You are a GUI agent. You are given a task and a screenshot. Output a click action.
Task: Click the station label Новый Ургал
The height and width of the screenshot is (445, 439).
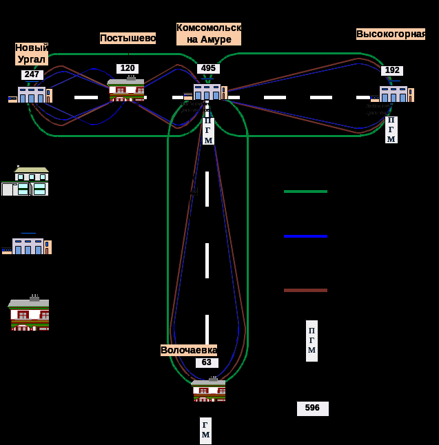[x=32, y=54]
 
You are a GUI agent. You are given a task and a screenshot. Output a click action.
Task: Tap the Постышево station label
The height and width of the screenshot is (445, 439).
[x=127, y=39]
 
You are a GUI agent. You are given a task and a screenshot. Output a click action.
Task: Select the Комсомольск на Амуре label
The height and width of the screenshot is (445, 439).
[x=208, y=34]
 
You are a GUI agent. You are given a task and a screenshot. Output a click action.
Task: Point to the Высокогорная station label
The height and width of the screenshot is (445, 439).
[x=390, y=34]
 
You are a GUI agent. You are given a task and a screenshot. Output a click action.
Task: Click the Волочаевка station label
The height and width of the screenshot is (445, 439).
[x=188, y=350]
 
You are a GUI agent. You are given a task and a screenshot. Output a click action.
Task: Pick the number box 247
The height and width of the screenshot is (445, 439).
[x=32, y=75]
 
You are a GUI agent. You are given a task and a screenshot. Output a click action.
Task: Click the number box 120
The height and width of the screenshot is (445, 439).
[x=127, y=69]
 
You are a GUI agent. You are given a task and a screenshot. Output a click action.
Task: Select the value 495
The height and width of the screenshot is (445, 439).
[x=208, y=69]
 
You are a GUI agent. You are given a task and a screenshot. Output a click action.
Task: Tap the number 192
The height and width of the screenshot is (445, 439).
[x=392, y=71]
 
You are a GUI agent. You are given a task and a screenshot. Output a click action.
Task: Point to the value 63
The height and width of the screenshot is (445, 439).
[x=207, y=363]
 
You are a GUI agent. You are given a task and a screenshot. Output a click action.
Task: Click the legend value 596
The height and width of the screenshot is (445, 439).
[x=312, y=408]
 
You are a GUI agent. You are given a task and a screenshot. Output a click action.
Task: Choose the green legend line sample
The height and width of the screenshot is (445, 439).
[x=305, y=192]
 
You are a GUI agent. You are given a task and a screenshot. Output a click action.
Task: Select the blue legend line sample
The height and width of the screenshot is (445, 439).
[x=305, y=236]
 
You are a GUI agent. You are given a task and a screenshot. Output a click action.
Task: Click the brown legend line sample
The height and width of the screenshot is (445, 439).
[x=305, y=291]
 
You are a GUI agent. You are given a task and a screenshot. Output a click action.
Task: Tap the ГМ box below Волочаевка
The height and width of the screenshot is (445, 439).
[x=205, y=431]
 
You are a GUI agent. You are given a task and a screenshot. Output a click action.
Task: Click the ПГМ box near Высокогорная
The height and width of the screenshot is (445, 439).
[x=391, y=130]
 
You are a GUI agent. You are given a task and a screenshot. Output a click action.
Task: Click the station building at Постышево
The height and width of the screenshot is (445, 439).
[x=127, y=90]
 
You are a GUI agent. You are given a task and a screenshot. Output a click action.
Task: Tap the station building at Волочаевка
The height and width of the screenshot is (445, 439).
[x=209, y=390]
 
